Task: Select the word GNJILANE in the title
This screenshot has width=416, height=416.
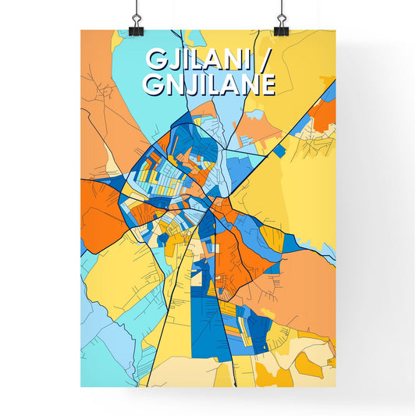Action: (x=208, y=84)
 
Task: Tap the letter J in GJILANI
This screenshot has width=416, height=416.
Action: (x=171, y=60)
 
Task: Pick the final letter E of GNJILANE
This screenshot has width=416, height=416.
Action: (x=267, y=84)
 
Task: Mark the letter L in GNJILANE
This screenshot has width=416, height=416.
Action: (x=209, y=84)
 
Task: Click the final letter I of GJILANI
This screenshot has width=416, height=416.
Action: (x=251, y=60)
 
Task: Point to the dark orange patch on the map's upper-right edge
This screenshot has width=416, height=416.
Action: (x=324, y=113)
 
